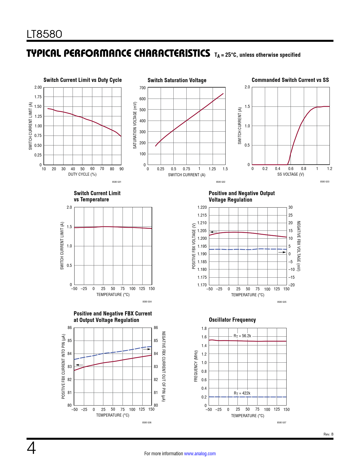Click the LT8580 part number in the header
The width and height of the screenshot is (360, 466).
pos(44,34)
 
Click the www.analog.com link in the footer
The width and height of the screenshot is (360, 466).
pos(200,454)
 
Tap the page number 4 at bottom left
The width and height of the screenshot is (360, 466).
pos(31,448)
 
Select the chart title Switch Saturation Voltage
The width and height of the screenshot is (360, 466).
pos(177,80)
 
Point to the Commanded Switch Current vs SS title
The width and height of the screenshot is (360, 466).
pos(290,80)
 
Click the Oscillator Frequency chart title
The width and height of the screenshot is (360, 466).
pos(232,320)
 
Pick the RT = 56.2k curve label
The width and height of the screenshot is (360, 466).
pos(242,336)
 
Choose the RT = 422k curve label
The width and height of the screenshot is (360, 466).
pos(242,393)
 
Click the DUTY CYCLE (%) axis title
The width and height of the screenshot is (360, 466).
pos(82,174)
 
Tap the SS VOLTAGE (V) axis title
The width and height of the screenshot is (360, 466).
pos(291,174)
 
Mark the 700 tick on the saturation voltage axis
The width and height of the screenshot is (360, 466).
pos(143,88)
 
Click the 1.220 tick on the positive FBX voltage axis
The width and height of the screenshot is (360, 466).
pos(202,207)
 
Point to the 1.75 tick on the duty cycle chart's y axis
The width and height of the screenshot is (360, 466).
pos(38,97)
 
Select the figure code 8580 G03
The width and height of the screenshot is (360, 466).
pos(324,182)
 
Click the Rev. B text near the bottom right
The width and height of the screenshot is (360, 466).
pos(328,434)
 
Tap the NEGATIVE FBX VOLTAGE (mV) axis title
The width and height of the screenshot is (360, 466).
pos(298,246)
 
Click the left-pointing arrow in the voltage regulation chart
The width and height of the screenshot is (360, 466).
pos(213,232)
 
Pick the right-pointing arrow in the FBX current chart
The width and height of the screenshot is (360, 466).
pos(147,349)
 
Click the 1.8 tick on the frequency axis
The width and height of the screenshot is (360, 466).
pos(204,328)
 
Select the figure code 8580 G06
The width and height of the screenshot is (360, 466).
pos(147,423)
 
